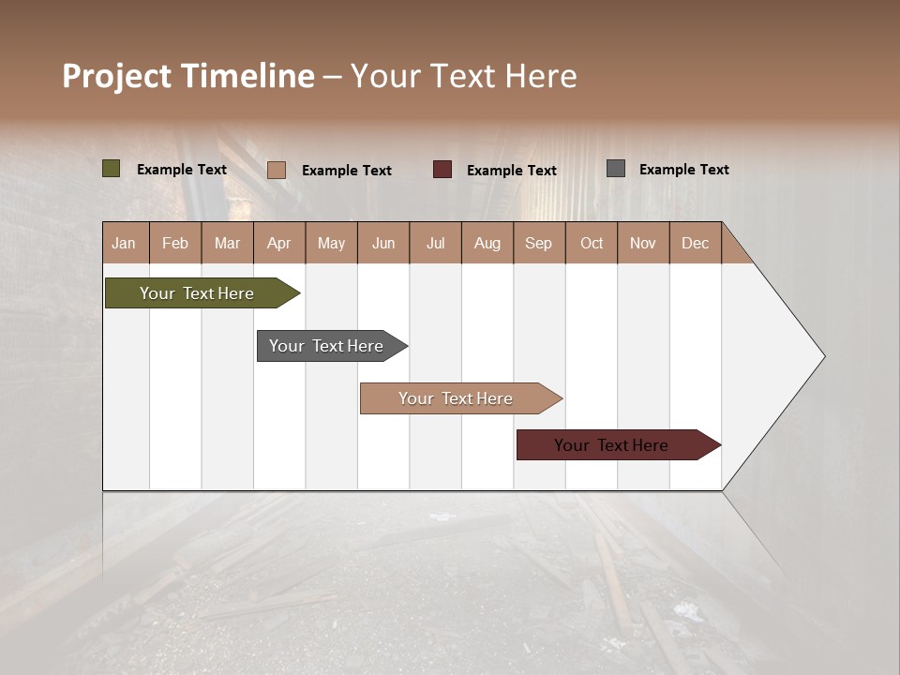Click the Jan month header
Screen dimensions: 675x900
pyautogui.click(x=124, y=243)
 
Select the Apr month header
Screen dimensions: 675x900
pyautogui.click(x=279, y=243)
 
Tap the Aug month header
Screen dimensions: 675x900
pyautogui.click(x=487, y=243)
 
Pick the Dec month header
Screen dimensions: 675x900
pyautogui.click(x=695, y=243)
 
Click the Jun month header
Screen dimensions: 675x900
pyautogui.click(x=383, y=243)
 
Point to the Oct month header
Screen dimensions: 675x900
pyautogui.click(x=592, y=243)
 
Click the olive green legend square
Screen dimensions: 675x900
pyautogui.click(x=112, y=169)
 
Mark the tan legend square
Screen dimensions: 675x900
pyautogui.click(x=277, y=170)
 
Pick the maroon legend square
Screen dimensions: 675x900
pyautogui.click(x=442, y=170)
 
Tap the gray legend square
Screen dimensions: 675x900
pyautogui.click(x=616, y=169)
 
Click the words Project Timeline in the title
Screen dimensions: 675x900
pyautogui.click(x=188, y=76)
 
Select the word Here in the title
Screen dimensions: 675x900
pyautogui.click(x=541, y=76)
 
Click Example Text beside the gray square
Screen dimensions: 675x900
pyautogui.click(x=683, y=170)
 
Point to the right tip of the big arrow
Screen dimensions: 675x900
pyautogui.click(x=822, y=356)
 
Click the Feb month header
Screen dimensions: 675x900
pyautogui.click(x=175, y=243)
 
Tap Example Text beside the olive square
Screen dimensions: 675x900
pyautogui.click(x=182, y=170)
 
